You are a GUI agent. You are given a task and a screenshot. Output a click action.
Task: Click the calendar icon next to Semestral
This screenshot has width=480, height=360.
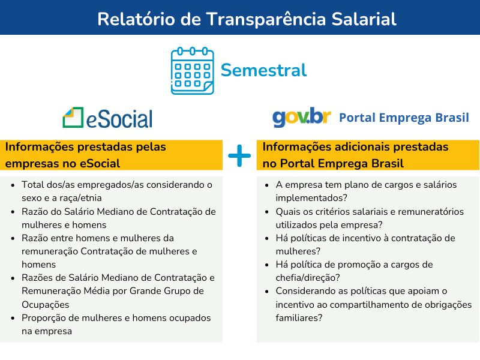tap(192, 71)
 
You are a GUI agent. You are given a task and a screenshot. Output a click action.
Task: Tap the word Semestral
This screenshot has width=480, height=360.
tap(263, 70)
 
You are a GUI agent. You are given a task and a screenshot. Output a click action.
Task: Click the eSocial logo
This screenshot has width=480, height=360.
tap(107, 118)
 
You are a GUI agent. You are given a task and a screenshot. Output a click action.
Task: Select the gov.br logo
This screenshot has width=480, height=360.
tap(302, 117)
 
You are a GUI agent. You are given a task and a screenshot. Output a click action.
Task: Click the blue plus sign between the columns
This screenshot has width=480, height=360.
tap(239, 155)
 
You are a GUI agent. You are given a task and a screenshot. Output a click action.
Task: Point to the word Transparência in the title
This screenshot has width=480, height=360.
tap(266, 19)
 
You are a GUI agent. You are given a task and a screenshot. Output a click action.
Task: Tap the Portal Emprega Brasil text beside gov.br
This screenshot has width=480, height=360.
tap(404, 118)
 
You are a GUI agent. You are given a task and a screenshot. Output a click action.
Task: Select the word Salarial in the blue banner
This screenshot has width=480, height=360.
tap(364, 19)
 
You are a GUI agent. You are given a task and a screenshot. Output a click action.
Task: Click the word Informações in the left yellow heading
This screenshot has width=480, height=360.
tap(40, 147)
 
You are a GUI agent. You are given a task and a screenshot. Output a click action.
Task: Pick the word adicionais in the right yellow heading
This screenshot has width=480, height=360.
tap(362, 147)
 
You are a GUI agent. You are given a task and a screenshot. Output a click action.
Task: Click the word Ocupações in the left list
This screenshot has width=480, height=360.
tap(46, 305)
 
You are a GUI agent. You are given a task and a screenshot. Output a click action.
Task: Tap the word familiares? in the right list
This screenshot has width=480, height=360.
tap(299, 318)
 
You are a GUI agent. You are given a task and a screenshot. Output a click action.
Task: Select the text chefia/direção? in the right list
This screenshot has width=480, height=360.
tap(308, 278)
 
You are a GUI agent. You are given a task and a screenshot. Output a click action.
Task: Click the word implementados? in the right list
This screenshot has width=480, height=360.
tap(311, 198)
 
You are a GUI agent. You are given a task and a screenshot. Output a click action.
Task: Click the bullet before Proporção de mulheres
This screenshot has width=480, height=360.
tap(13, 318)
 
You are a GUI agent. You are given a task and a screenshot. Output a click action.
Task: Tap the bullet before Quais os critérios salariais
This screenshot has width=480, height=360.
tap(267, 212)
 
